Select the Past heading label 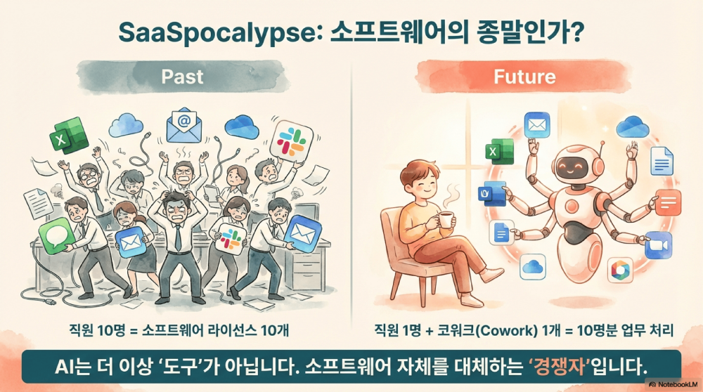(182, 76)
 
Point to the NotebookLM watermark (673, 384)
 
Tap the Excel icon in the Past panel (68, 134)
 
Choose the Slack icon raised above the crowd (290, 138)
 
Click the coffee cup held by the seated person (444, 219)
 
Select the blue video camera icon (659, 245)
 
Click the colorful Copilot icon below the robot (619, 270)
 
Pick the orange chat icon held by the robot (669, 204)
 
